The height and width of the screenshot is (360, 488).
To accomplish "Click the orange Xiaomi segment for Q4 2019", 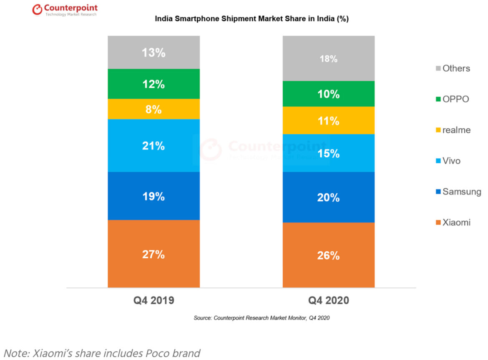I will click(x=153, y=253).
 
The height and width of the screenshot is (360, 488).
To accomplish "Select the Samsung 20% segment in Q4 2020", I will click(x=328, y=197).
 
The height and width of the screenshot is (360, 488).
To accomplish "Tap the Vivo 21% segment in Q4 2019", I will click(x=153, y=145).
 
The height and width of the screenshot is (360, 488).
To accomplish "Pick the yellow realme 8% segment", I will click(x=153, y=109).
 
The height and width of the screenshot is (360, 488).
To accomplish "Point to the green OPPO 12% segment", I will click(x=153, y=84).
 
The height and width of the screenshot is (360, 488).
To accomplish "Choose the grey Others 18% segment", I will click(x=328, y=58).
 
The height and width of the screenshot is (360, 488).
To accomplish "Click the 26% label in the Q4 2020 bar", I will click(x=328, y=255).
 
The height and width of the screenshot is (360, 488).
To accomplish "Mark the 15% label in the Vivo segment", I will click(x=328, y=154).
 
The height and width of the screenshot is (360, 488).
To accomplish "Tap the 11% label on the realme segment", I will click(x=328, y=121).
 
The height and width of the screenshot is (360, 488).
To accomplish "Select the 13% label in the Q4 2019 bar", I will click(x=153, y=53).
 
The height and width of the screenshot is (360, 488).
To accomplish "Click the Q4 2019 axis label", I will click(x=153, y=301).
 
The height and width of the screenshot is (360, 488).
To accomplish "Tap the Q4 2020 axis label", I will click(x=328, y=301).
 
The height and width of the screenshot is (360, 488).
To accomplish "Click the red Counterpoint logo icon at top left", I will click(x=38, y=10).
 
